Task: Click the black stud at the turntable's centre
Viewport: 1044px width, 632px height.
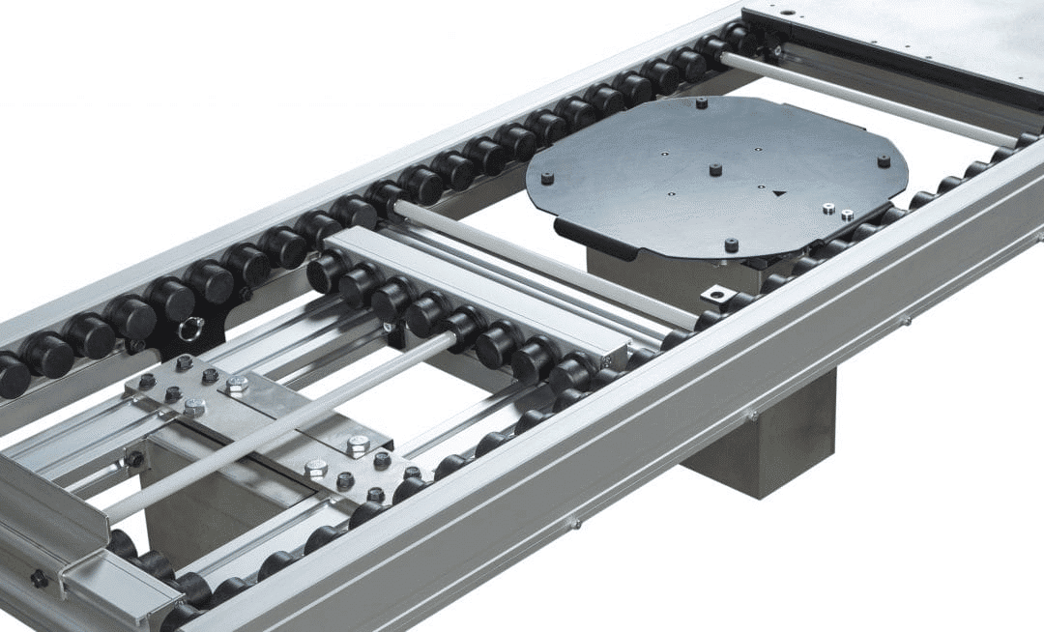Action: [715, 170]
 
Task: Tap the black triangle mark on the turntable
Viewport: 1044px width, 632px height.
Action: [779, 193]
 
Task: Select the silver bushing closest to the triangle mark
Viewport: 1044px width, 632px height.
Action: [828, 207]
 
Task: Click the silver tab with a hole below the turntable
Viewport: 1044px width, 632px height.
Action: [717, 294]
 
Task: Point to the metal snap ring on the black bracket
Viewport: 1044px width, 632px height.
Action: [190, 329]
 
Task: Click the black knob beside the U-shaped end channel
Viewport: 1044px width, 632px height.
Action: [39, 579]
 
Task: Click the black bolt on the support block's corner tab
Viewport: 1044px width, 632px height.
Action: [134, 459]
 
